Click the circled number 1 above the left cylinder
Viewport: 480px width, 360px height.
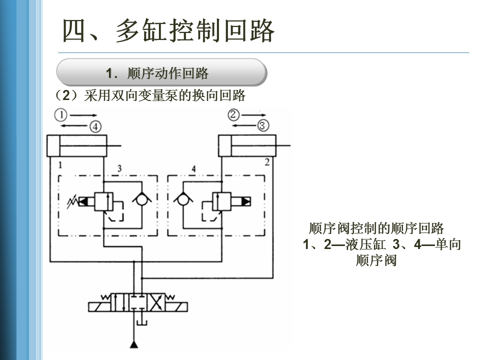[60, 115]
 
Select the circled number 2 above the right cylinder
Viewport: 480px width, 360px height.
[234, 114]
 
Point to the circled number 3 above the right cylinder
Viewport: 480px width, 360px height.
[263, 125]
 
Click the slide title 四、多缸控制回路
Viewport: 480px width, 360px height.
[168, 31]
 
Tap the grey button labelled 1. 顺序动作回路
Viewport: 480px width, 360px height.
[161, 73]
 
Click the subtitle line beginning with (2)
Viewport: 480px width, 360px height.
[150, 95]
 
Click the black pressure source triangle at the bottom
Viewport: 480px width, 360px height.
[134, 344]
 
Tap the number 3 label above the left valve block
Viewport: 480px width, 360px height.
[119, 168]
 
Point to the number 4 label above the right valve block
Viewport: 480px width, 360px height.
[193, 168]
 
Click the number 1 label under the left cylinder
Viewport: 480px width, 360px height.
[60, 164]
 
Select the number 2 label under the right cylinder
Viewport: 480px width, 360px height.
[267, 161]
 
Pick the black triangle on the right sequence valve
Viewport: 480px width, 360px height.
[246, 201]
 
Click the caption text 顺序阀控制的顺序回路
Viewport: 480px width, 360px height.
[376, 229]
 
